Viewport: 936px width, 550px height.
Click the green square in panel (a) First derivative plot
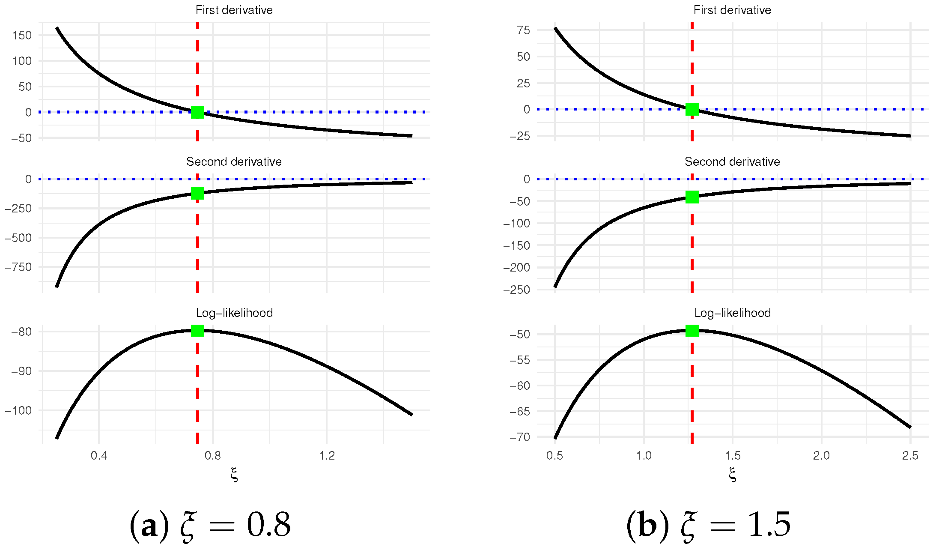[x=197, y=112]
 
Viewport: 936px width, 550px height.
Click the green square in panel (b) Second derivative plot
[x=692, y=197]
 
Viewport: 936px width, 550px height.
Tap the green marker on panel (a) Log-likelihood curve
[x=197, y=331]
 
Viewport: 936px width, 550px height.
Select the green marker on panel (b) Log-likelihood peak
[x=692, y=331]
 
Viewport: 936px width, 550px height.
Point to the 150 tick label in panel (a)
[x=22, y=35]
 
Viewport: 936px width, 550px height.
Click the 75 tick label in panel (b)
[x=523, y=30]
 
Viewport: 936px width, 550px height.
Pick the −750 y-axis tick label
[x=18, y=267]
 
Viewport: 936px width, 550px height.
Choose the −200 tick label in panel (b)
[x=516, y=268]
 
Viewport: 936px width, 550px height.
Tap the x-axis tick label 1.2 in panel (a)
[x=327, y=455]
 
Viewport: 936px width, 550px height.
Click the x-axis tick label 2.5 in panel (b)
[x=910, y=455]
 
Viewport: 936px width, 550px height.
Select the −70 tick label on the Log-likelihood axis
[x=519, y=437]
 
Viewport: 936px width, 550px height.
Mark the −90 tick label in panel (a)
[x=21, y=371]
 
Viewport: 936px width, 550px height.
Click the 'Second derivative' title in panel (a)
[x=234, y=161]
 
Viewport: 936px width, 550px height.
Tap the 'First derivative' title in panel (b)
[x=732, y=10]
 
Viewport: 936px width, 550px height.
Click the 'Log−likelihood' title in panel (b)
[x=732, y=313]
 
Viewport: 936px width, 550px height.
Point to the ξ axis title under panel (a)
[x=234, y=475]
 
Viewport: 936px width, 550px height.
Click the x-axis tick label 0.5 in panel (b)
[x=554, y=455]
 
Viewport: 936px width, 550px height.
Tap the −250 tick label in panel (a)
[x=18, y=209]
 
